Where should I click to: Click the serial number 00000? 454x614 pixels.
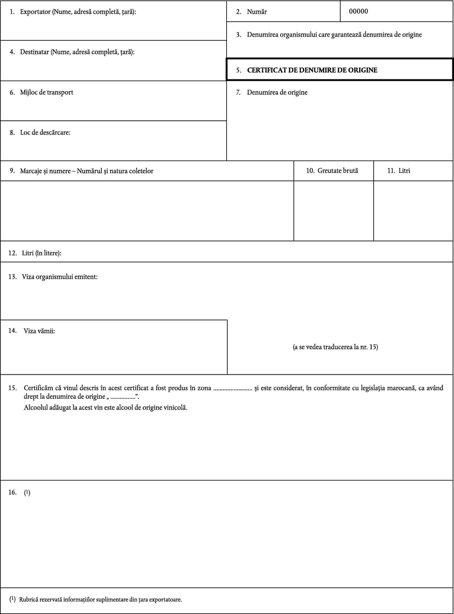[x=358, y=11]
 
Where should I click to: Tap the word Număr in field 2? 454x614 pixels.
[x=257, y=12]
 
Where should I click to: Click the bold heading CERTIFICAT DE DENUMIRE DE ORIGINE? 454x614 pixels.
[x=312, y=70]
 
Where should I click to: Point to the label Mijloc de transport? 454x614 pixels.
[x=46, y=92]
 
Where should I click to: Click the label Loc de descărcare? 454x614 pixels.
[x=45, y=133]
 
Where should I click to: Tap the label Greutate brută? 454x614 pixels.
[x=337, y=171]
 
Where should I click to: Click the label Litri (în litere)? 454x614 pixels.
[x=41, y=253]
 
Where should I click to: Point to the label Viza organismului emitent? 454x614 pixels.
[x=60, y=277]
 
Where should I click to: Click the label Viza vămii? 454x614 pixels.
[x=39, y=331]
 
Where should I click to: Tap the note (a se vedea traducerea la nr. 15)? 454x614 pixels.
[x=335, y=347]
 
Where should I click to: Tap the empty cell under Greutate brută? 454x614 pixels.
[x=333, y=211]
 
